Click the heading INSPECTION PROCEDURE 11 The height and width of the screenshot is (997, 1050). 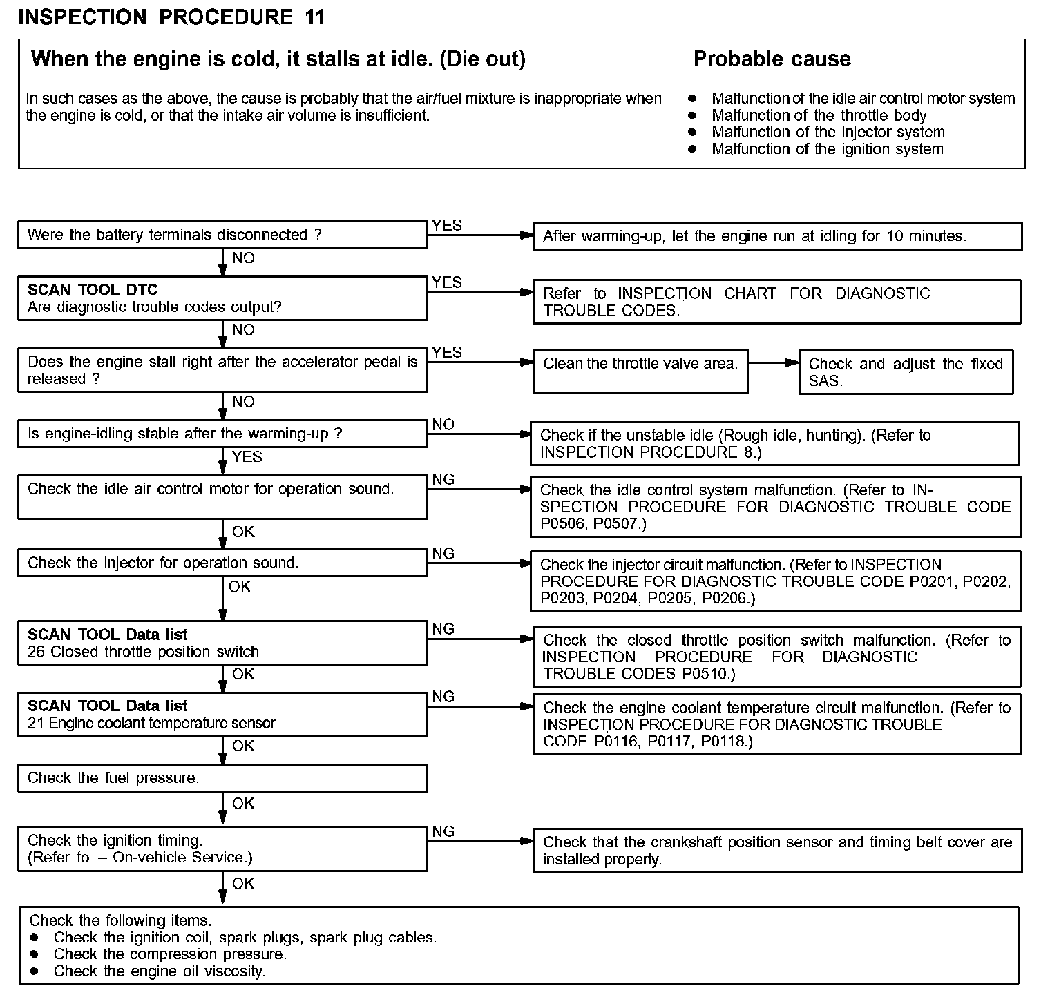pyautogui.click(x=171, y=17)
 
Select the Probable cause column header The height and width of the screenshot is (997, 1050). pyautogui.click(x=772, y=59)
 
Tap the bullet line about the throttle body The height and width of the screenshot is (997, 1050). pyautogui.click(x=819, y=115)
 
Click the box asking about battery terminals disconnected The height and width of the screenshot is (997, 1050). pyautogui.click(x=222, y=235)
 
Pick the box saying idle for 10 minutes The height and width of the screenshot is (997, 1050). pyautogui.click(x=777, y=236)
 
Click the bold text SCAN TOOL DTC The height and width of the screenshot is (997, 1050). pyautogui.click(x=93, y=290)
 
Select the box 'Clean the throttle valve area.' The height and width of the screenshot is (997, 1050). pyautogui.click(x=640, y=371)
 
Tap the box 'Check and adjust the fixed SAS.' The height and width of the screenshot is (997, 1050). pyautogui.click(x=906, y=372)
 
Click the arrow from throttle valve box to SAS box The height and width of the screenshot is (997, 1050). pyautogui.click(x=773, y=363)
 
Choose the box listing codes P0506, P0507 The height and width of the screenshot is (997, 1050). pyautogui.click(x=775, y=507)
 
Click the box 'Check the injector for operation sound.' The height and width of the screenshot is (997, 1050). pyautogui.click(x=222, y=563)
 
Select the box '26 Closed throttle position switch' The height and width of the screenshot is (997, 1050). pyautogui.click(x=222, y=643)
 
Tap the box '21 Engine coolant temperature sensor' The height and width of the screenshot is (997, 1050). pyautogui.click(x=222, y=715)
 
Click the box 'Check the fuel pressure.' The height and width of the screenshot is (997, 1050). pyautogui.click(x=222, y=778)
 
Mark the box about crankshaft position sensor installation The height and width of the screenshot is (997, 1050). pyautogui.click(x=777, y=851)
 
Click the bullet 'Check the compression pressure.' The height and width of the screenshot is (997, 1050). pyautogui.click(x=170, y=954)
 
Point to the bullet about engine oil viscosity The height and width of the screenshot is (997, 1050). pyautogui.click(x=159, y=971)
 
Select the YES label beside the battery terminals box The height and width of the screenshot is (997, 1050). pyautogui.click(x=446, y=226)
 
